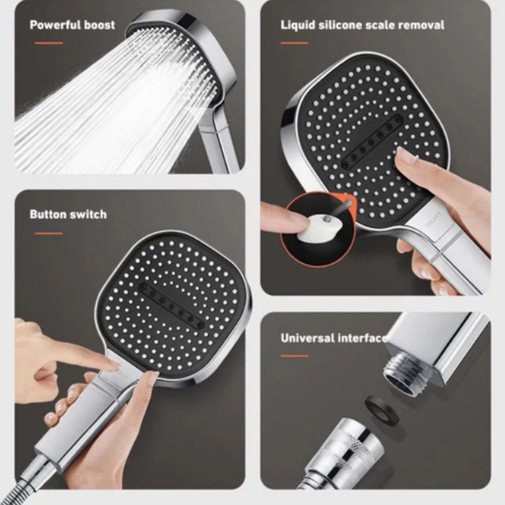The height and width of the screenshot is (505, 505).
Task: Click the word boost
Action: [x=100, y=25]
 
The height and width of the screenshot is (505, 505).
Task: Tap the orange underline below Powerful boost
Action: [x=49, y=43]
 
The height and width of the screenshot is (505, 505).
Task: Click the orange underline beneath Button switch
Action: [x=49, y=233]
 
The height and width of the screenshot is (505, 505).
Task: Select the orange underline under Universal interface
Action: [x=295, y=356]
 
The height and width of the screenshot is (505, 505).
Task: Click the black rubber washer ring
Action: [x=382, y=410]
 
